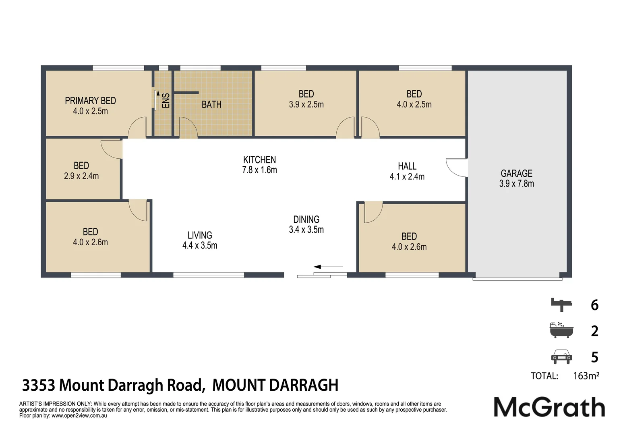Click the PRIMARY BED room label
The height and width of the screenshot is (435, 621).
90,101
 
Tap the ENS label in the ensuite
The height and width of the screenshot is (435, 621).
166,101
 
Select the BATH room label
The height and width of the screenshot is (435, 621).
211,105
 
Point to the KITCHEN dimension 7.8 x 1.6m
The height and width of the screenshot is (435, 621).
259,170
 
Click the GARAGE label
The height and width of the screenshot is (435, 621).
516,174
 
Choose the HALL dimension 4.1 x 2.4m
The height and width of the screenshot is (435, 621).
407,176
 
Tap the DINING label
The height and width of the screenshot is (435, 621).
306,220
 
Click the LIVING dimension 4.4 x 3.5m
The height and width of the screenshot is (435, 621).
200,246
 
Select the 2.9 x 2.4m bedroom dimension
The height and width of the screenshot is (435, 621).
81,176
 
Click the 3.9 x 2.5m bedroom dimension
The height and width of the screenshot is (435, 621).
306,105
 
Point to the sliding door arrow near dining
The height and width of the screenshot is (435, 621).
328,267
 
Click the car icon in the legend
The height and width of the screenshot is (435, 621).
561,357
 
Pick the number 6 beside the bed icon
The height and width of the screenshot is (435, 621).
595,305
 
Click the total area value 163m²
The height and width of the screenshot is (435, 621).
586,376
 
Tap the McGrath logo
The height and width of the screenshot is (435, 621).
549,407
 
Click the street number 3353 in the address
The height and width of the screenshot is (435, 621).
39,385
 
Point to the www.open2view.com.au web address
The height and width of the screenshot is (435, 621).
79,416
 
